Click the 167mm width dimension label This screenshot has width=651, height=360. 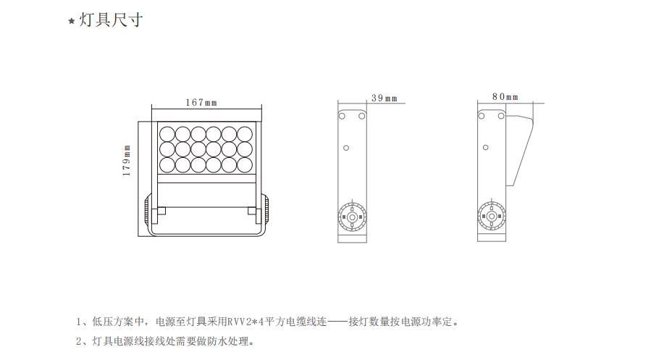coord(201,102)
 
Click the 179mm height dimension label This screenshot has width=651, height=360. coord(126,160)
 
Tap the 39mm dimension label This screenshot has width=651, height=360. coord(385,99)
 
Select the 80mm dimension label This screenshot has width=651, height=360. coord(505,97)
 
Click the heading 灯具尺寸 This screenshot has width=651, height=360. coord(111,20)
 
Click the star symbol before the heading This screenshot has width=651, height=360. coord(72,21)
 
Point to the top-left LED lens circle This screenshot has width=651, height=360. coord(167,135)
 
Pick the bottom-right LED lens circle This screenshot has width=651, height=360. coord(245,165)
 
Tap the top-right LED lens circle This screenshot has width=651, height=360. coord(245,135)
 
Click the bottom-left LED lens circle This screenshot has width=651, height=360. coord(167,165)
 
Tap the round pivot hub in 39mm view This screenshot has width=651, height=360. coord(352,217)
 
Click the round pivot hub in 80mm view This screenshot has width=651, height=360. coord(492,217)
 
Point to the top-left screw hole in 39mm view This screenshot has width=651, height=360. coord(342,116)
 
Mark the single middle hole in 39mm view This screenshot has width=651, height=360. coord(346,148)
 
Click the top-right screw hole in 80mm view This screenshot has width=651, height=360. coord(501,116)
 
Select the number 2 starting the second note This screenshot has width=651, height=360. coord(79,341)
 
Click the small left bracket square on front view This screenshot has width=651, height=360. coord(161,211)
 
